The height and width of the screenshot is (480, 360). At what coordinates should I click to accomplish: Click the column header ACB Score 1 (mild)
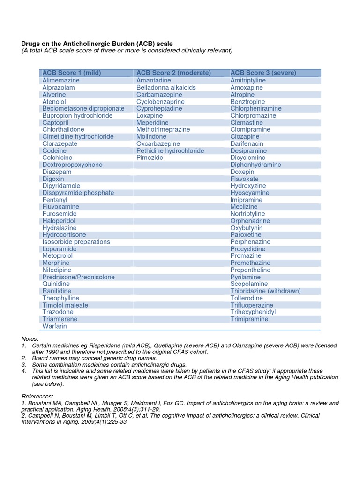tap(72, 73)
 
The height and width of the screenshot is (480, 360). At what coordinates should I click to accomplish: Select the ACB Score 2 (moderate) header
tap(173, 73)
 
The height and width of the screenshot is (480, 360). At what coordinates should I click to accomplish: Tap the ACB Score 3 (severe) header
tap(263, 73)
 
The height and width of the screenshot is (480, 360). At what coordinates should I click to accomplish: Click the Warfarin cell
tap(55, 326)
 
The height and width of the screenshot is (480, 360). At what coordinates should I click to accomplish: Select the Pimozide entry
tap(150, 157)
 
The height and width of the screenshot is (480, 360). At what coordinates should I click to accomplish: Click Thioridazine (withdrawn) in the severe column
tap(265, 291)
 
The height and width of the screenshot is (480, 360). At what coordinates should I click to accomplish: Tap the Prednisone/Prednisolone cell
tap(78, 277)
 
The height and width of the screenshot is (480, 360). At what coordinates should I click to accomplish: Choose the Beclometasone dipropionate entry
tap(83, 108)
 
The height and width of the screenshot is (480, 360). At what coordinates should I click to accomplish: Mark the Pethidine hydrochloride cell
tap(170, 151)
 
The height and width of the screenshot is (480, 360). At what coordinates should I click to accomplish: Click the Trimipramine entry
tap(249, 319)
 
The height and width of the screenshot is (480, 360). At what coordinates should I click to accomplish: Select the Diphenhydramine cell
tap(256, 165)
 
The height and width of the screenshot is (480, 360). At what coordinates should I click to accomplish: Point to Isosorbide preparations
tap(76, 242)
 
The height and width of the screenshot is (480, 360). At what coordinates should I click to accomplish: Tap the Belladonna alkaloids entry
tap(166, 88)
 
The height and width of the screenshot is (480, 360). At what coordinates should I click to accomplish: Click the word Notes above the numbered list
tap(30, 338)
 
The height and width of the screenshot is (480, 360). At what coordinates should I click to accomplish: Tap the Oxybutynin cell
tap(247, 228)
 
